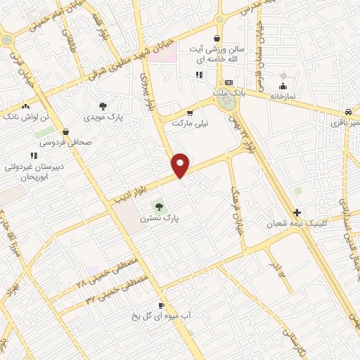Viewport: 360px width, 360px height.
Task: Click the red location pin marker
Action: point(181,165)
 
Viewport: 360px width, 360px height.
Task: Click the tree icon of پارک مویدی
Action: point(103,106)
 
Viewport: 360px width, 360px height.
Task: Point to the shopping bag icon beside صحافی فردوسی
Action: point(65,130)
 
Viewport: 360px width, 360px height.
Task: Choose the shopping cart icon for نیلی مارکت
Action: point(189,112)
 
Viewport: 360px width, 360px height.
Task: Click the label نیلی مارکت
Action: point(191,122)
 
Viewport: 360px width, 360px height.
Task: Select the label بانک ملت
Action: point(229,92)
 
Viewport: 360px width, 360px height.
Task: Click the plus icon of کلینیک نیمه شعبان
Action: point(297,212)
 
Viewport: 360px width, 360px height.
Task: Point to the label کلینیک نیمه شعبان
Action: point(287,224)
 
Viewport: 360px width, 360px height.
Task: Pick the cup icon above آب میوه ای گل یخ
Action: point(161,305)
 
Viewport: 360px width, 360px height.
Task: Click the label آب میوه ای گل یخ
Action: point(162,316)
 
